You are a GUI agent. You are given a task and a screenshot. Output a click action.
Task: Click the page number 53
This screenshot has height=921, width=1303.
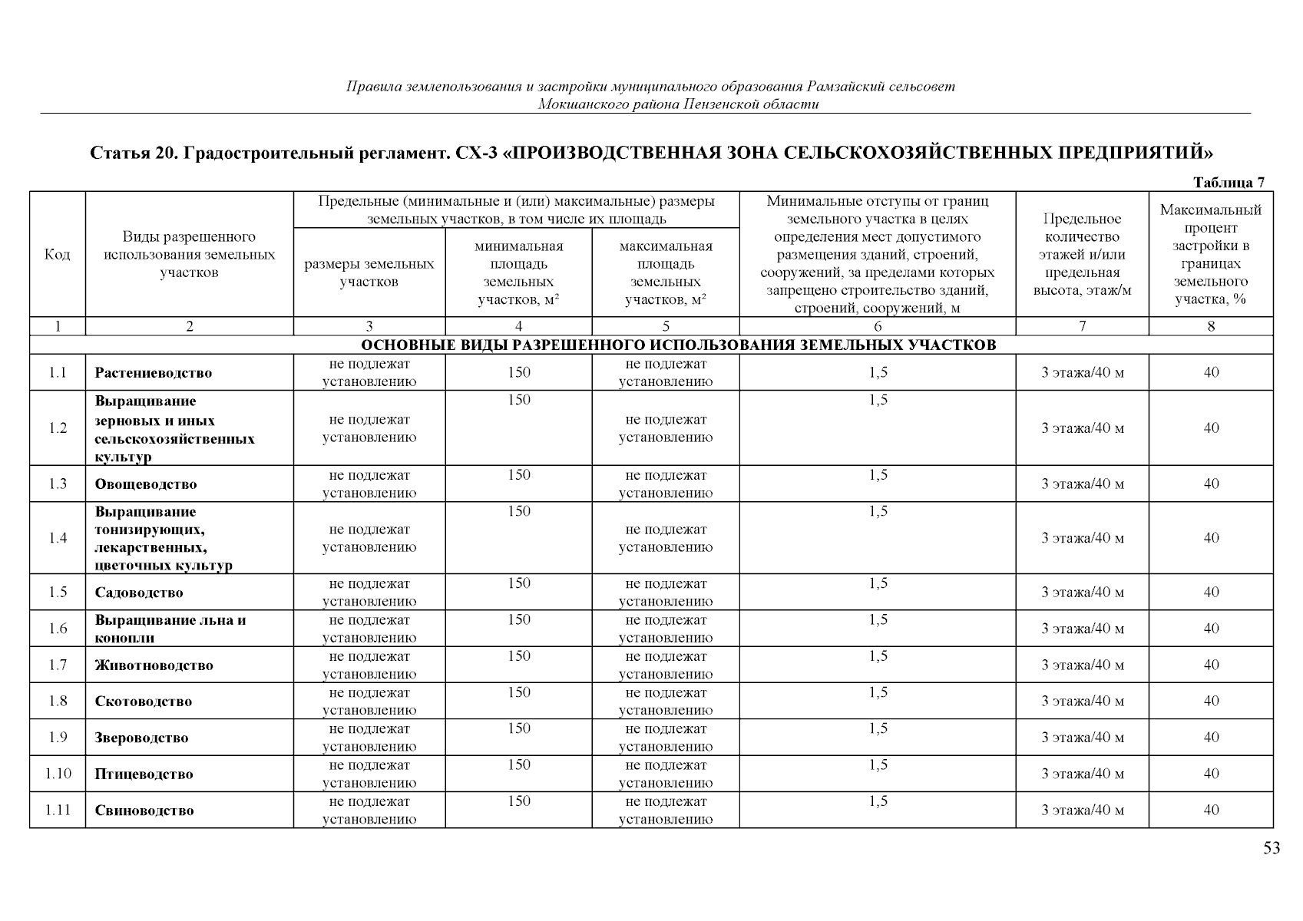[1272, 848]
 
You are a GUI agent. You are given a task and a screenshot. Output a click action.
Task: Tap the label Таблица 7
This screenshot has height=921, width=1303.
[1228, 183]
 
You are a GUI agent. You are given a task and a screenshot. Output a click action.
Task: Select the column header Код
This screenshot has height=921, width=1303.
[58, 254]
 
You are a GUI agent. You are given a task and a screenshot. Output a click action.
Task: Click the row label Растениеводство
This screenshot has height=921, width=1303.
[154, 373]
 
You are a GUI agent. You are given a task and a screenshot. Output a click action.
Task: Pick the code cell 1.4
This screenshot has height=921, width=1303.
[58, 538]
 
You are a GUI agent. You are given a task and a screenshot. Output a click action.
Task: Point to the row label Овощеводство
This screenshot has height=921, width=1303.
[146, 484]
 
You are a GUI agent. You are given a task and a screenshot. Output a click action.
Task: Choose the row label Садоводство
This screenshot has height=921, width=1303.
[139, 593]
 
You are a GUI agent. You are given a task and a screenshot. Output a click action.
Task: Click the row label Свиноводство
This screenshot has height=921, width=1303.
[144, 810]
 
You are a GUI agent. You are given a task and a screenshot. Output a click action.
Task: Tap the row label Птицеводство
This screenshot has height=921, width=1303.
[144, 774]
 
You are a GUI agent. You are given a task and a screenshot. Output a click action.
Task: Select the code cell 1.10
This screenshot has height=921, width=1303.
[58, 774]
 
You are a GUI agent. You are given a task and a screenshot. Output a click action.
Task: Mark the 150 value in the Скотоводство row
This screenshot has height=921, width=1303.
[518, 692]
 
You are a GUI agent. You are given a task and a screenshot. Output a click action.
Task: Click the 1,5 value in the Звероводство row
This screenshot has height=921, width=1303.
[878, 729]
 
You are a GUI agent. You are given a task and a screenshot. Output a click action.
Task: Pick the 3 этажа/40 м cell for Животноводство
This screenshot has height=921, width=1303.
[1082, 665]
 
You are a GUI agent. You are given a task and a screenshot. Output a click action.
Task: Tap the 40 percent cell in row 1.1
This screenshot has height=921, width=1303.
[1211, 373]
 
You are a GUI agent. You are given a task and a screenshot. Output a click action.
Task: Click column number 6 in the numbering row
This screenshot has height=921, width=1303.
[878, 326]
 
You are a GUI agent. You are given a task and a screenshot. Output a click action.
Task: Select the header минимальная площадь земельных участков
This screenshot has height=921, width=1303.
[518, 272]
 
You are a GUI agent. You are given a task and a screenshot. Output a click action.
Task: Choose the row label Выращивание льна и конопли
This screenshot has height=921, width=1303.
[170, 629]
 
